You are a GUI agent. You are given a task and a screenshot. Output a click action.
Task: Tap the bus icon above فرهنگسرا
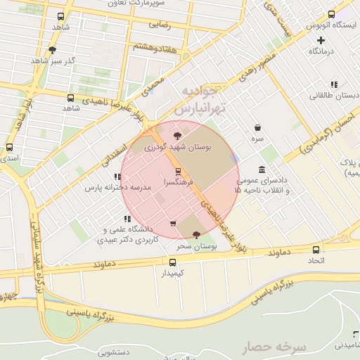[x=177, y=171]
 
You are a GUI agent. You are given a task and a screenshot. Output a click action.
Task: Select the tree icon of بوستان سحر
[x=196, y=234]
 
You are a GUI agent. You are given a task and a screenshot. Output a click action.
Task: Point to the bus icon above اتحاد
[x=316, y=249]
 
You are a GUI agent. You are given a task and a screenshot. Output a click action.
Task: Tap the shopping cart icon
[x=173, y=224]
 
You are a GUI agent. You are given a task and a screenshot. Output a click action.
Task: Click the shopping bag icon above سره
[x=259, y=128]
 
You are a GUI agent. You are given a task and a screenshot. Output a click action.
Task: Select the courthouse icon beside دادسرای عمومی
[x=262, y=169]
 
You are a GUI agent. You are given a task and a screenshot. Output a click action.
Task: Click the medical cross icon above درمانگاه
[x=321, y=40]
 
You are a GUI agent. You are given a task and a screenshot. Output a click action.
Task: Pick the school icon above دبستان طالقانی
[x=333, y=84]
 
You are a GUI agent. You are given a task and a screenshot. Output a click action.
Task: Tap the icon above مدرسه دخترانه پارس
[x=116, y=177]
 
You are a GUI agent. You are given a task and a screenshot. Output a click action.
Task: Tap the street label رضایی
[x=160, y=23]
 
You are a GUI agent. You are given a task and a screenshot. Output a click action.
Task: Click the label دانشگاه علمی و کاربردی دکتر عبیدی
[x=131, y=234]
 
